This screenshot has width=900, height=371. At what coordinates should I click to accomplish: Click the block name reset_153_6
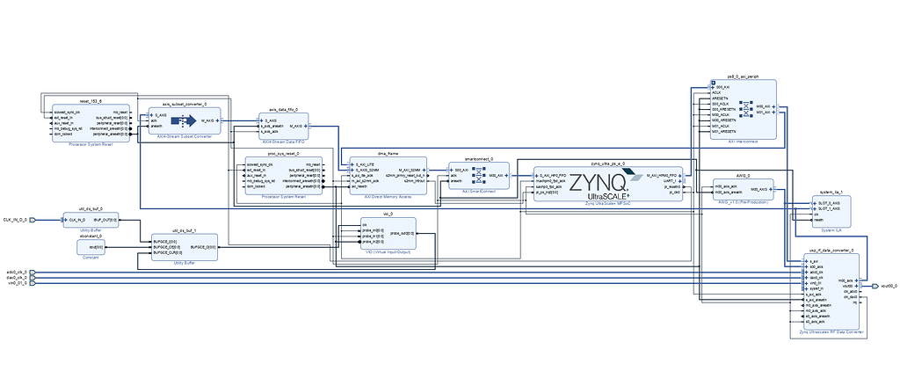point(91,102)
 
